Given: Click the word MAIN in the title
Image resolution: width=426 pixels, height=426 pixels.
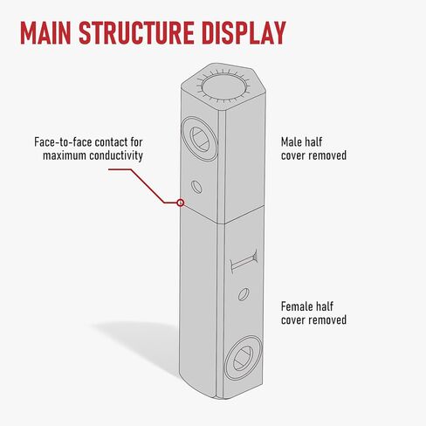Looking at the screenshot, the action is [45, 32].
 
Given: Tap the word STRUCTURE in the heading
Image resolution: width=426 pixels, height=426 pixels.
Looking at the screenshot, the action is [136, 32].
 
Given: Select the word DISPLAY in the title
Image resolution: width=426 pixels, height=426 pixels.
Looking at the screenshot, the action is [244, 32].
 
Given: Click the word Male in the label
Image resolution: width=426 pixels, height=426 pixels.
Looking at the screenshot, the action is [290, 142].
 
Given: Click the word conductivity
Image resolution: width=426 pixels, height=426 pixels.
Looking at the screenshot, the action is [116, 155].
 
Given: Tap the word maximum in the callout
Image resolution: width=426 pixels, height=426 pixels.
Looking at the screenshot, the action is [65, 155].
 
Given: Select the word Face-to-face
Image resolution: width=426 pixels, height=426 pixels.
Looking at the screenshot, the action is [63, 142].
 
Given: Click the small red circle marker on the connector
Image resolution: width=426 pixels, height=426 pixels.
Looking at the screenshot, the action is [181, 203].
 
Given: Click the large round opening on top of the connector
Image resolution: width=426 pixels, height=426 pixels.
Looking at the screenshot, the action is [223, 86].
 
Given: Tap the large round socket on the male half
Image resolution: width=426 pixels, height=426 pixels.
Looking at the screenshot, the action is [199, 139].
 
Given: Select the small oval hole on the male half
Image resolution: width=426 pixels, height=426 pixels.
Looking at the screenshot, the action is [196, 187].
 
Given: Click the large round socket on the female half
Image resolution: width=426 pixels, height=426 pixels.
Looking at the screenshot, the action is [244, 358].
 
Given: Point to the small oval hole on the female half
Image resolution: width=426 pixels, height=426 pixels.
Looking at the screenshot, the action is [244, 294].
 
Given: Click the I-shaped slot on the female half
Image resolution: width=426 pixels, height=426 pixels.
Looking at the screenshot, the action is [244, 261].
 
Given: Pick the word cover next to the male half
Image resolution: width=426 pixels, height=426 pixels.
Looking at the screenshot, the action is [293, 155].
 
